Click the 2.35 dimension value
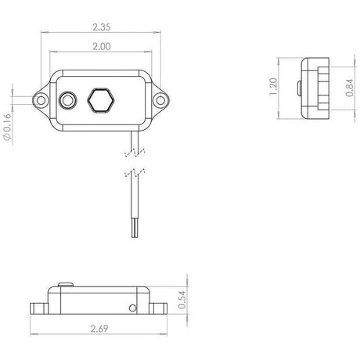coord(102,27)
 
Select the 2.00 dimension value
coord(102,46)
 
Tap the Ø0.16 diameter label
coord(8,127)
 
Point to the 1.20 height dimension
coord(273,87)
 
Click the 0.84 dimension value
coord(350,88)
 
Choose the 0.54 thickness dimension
coord(182,300)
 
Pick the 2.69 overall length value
coord(99,329)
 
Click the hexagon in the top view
coord(101,100)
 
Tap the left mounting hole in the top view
coord(41,100)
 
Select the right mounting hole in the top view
coord(160,100)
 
